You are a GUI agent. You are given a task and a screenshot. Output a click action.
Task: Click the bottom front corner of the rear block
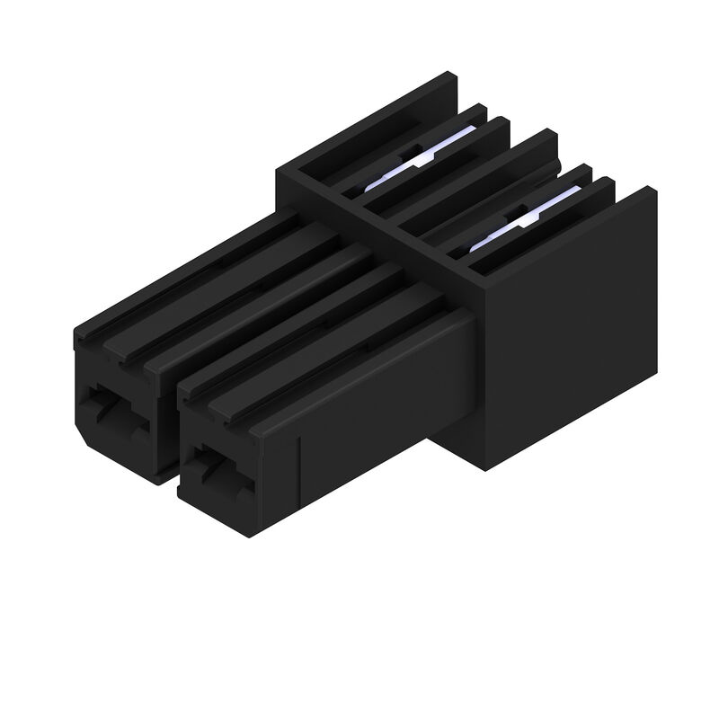tap(485, 468)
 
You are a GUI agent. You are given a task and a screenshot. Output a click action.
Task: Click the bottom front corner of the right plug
tap(248, 536)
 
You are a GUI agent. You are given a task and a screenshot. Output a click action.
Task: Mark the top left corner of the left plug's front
tap(75, 333)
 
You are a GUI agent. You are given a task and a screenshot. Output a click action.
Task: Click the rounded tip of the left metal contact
tap(373, 184)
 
